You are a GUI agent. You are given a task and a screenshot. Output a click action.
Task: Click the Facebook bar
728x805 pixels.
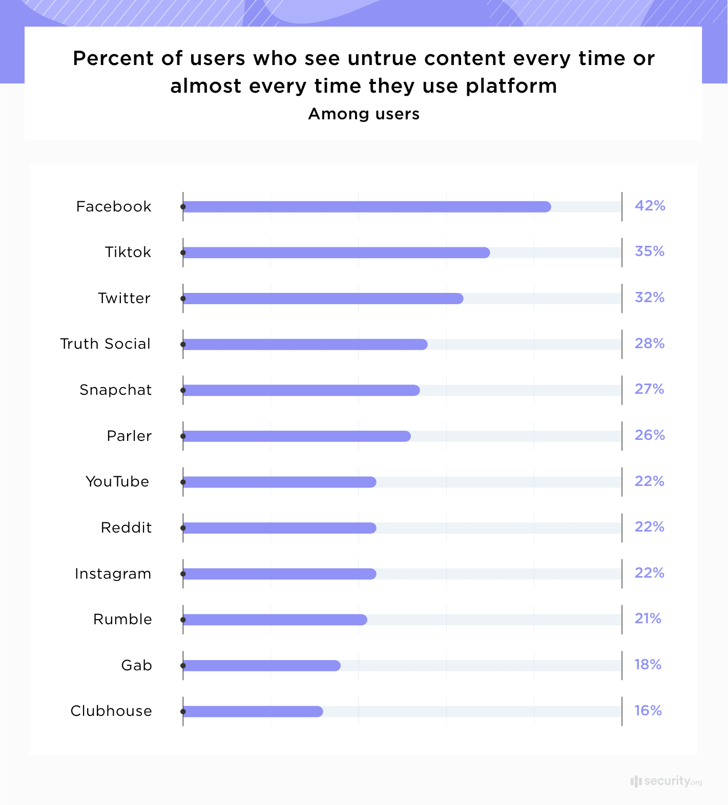(x=366, y=207)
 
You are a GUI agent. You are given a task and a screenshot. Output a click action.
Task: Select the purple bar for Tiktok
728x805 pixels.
(x=336, y=252)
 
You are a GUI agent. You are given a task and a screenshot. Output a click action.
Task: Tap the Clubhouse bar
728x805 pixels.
(x=253, y=711)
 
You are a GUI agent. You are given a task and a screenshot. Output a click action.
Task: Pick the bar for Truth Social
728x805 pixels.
(x=305, y=344)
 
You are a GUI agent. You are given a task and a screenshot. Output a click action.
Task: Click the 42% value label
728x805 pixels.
(x=650, y=206)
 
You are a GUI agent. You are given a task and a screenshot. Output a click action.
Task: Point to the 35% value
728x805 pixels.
(x=649, y=251)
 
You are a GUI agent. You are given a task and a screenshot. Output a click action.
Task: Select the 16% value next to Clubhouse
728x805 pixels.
(x=648, y=711)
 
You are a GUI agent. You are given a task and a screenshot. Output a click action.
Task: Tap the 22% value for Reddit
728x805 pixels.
(x=649, y=527)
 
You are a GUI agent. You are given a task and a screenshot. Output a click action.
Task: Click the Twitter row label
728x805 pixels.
(x=124, y=298)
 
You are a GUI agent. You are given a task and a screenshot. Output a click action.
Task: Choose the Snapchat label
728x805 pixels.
(x=116, y=390)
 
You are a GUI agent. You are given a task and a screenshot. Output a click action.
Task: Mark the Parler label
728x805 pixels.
(x=129, y=436)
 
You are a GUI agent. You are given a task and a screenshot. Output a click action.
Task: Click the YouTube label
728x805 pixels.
(x=117, y=481)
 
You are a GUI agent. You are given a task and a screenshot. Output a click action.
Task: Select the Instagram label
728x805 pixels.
(x=113, y=574)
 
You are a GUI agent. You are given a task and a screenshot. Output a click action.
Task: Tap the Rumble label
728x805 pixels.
(x=122, y=620)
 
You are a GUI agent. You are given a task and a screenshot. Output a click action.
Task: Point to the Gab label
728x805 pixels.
(x=136, y=665)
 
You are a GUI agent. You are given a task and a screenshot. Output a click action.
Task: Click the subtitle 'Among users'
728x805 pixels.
(x=364, y=114)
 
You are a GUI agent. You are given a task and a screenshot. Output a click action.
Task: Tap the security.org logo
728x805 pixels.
(x=666, y=781)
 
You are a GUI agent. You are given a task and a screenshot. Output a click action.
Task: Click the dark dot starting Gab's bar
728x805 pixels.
(x=183, y=666)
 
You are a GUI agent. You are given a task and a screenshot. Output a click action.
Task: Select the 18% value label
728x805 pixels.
(x=648, y=665)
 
